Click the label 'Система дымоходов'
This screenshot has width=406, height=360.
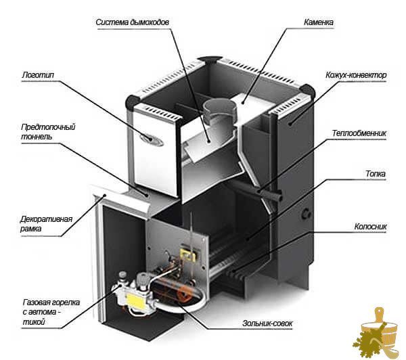click(x=133, y=22)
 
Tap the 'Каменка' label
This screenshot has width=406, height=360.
click(x=319, y=22)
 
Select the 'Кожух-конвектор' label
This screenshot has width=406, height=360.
click(x=356, y=75)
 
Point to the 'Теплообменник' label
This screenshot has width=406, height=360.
click(x=359, y=133)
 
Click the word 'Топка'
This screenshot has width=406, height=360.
click(x=376, y=173)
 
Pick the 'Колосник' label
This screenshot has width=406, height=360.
click(x=370, y=227)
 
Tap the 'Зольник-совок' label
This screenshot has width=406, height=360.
click(x=267, y=323)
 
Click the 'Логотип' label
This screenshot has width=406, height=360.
click(x=38, y=75)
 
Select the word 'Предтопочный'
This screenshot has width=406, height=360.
click(x=48, y=127)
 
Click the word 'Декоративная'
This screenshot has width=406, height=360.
click(x=46, y=219)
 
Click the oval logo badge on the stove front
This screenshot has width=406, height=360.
click(x=152, y=140)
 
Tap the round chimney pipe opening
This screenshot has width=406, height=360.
click(x=219, y=107)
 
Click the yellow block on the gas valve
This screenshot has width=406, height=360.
click(x=135, y=301)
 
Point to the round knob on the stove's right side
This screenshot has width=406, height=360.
click(x=307, y=214)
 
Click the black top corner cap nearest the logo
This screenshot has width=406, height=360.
click(x=133, y=102)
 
